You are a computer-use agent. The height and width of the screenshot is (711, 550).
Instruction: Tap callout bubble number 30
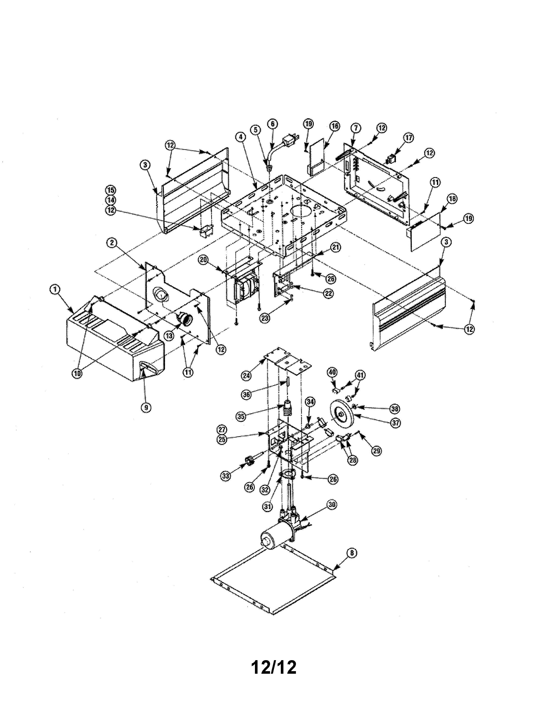[x=332, y=505]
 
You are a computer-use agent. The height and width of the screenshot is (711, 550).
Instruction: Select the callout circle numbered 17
[x=409, y=138]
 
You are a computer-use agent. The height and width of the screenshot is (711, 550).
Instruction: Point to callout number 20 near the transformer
[x=203, y=259]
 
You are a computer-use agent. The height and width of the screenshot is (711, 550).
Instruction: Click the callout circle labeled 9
[x=146, y=407]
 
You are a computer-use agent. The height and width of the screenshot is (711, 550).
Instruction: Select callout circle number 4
[x=240, y=137]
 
